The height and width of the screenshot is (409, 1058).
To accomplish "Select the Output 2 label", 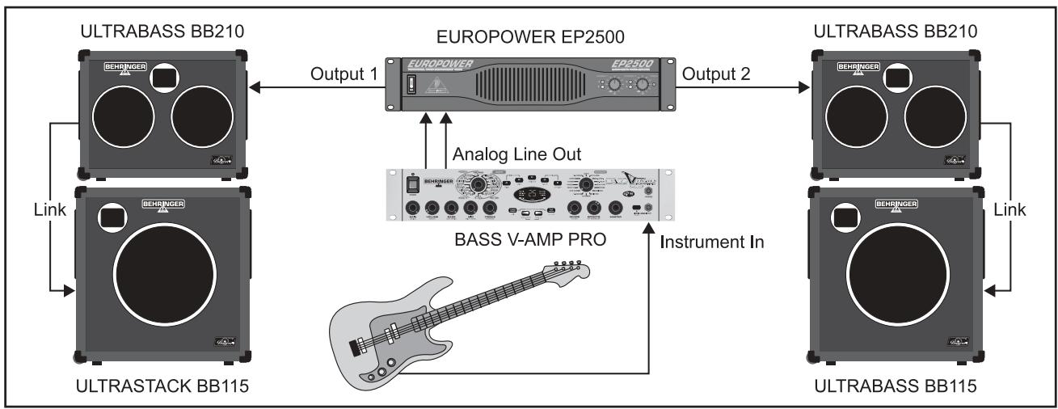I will click(x=717, y=74).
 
